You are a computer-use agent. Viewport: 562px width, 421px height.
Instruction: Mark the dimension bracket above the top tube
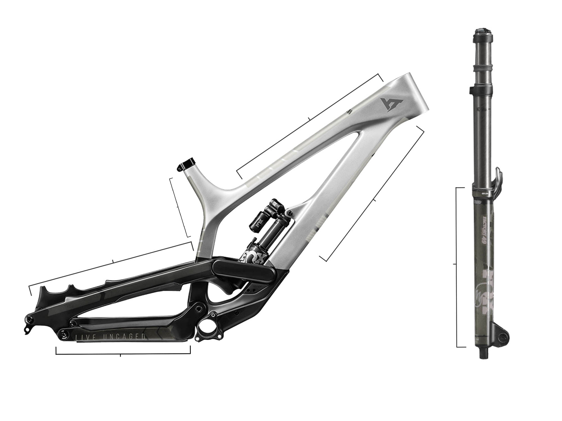tap(309, 119)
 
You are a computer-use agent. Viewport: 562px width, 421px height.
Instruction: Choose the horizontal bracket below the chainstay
tap(121, 354)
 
